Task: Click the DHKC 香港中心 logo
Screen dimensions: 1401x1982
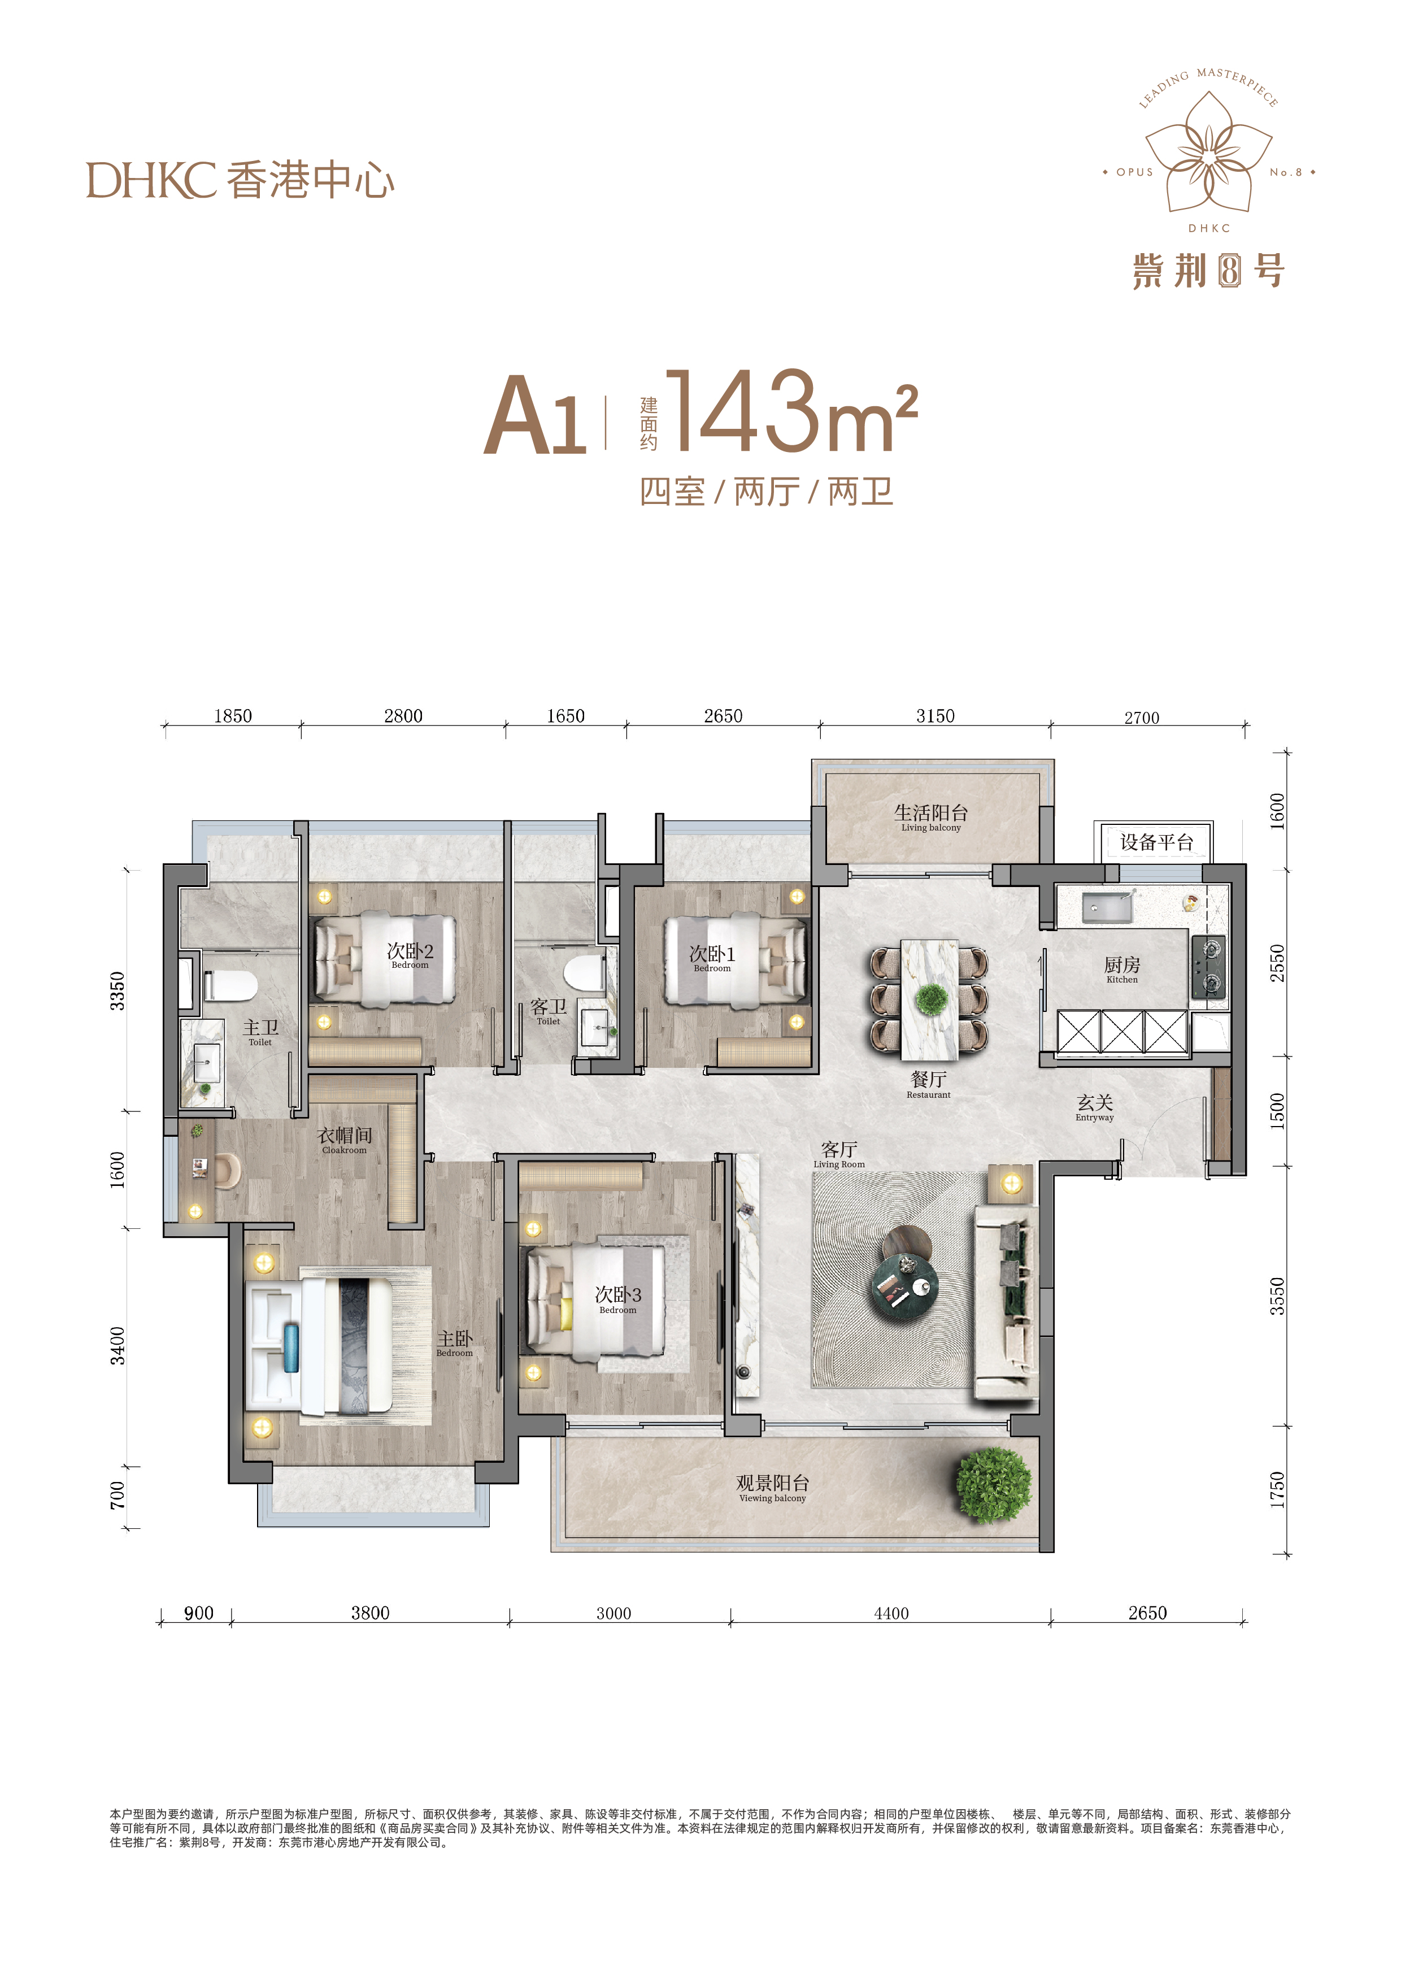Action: [240, 180]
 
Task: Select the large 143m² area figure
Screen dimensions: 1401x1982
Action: [791, 412]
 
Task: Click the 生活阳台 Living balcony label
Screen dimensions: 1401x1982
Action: [930, 816]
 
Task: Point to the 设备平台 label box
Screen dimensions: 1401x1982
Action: [1156, 842]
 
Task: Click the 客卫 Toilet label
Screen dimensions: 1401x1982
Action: [548, 1011]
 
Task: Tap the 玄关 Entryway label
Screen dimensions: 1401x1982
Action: [1095, 1107]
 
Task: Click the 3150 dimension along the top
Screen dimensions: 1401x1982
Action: [936, 716]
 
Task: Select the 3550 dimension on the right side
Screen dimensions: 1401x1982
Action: [1277, 1297]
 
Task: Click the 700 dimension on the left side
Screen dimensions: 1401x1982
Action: [118, 1495]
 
